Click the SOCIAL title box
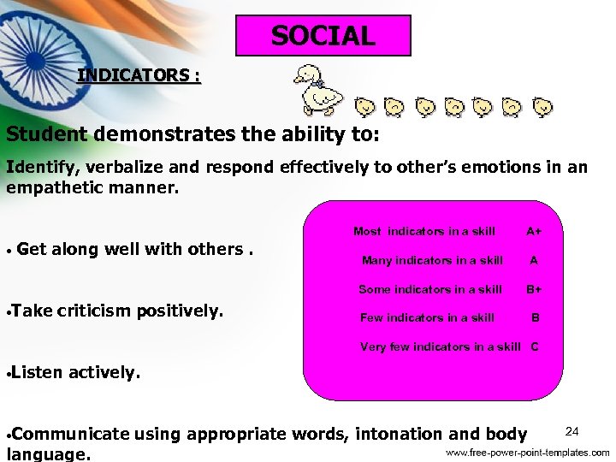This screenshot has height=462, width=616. point(323,36)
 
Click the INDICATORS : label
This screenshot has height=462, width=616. point(139,75)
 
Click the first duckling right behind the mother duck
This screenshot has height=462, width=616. point(365,107)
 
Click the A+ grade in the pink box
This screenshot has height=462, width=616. point(534,231)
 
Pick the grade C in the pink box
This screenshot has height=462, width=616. point(535,346)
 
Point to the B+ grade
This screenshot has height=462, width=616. point(534,289)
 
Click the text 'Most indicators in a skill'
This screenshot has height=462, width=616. point(423,231)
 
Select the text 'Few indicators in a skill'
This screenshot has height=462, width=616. point(427,317)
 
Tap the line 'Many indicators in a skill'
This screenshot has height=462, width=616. point(432,260)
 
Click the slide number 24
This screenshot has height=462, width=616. point(572,429)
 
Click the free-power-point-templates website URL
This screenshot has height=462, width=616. point(527,452)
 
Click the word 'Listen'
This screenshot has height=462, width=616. point(38,372)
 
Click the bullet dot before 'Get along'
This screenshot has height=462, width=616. point(7,252)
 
